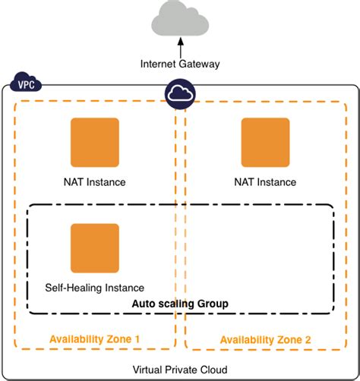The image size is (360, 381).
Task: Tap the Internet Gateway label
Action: tap(180, 64)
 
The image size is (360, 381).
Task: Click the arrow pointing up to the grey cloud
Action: tap(180, 47)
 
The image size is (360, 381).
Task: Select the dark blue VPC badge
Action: tap(25, 81)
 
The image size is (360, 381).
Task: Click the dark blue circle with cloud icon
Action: tap(180, 93)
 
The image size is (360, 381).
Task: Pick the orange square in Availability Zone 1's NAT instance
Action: tap(94, 142)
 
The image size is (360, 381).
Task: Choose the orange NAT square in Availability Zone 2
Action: tap(265, 142)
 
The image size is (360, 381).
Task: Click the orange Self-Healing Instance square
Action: tap(94, 248)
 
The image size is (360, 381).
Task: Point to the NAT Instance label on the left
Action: tap(94, 182)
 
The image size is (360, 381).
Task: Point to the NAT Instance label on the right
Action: tap(265, 182)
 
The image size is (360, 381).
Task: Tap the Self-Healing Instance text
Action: tap(95, 288)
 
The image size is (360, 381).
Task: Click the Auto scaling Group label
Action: tap(180, 304)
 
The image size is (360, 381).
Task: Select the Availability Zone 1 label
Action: tap(95, 338)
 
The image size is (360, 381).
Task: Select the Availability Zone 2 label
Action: tap(266, 339)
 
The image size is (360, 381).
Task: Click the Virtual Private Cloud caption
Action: tap(180, 369)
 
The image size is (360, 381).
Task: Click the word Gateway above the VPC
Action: tap(200, 64)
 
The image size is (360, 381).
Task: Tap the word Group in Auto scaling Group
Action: tap(213, 304)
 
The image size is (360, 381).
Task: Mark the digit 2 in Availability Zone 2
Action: tap(308, 339)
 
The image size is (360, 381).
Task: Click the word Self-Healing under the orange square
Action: tap(73, 288)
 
